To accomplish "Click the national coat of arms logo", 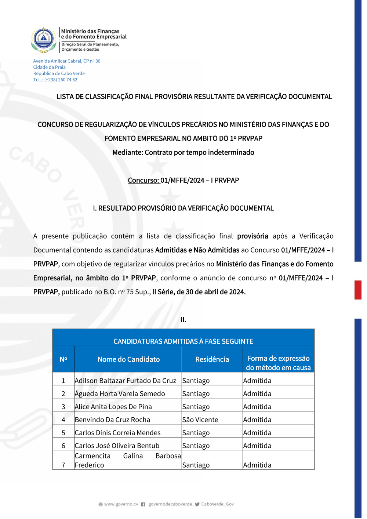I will tap(44, 40).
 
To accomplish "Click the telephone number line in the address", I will tap(55, 80).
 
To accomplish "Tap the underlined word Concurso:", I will tap(143, 180).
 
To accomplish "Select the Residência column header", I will tap(212, 359).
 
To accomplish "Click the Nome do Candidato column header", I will tap(128, 359).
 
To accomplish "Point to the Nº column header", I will tap(63, 359).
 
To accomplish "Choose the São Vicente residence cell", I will tap(200, 420).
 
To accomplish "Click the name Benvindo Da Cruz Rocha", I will tap(112, 420).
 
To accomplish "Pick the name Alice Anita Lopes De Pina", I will tap(113, 407).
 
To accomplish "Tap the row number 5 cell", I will tap(63, 433).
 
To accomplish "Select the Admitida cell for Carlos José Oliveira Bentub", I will tap(257, 446).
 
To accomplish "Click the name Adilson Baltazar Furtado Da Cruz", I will tap(125, 381).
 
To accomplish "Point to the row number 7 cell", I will tap(63, 465).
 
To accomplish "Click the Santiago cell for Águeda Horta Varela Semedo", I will tap(196, 393).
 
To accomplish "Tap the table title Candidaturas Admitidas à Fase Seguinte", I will tap(183, 341).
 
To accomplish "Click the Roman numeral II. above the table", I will tap(183, 320).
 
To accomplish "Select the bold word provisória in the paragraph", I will tap(252, 236).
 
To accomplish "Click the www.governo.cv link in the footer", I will tap(121, 504).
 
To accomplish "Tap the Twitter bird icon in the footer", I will tap(197, 504).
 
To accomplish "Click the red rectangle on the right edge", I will tap(358, 290).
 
